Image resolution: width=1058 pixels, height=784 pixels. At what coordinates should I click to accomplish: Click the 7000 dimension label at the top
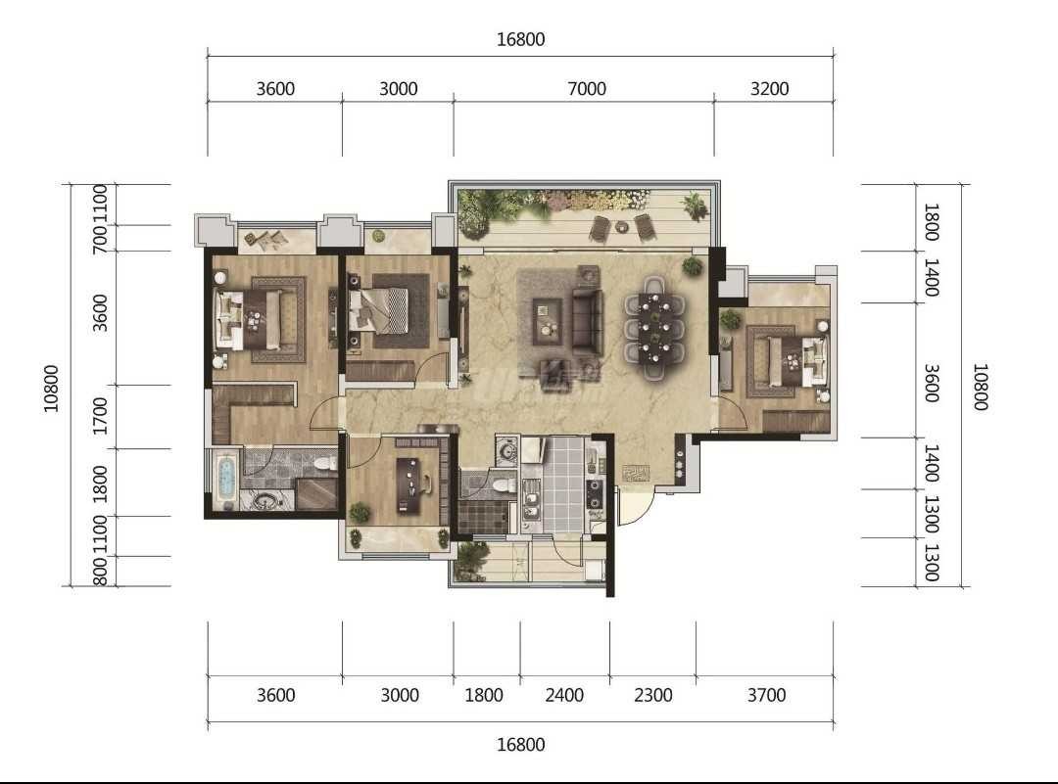click(x=587, y=88)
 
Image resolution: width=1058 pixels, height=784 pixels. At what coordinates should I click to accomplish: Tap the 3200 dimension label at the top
click(x=769, y=88)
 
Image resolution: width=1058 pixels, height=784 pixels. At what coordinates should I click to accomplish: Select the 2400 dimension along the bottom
click(x=564, y=694)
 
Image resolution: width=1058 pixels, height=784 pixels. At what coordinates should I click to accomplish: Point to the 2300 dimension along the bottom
click(x=653, y=694)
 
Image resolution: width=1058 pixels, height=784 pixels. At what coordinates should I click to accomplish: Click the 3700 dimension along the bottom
click(x=766, y=694)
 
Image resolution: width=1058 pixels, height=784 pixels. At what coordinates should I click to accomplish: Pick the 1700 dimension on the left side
click(x=100, y=416)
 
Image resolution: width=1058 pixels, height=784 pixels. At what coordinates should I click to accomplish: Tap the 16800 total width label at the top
click(x=520, y=39)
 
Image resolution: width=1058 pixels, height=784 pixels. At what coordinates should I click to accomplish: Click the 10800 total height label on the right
click(x=980, y=387)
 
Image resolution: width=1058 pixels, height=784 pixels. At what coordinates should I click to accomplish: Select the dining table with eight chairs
click(x=653, y=327)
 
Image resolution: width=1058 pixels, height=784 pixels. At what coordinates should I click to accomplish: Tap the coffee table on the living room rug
click(x=547, y=319)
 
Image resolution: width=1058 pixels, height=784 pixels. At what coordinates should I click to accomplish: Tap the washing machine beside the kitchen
click(x=505, y=449)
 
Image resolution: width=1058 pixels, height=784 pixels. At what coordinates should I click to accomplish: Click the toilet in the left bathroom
click(x=326, y=463)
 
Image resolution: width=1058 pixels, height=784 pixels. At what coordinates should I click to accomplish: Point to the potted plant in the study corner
click(x=359, y=512)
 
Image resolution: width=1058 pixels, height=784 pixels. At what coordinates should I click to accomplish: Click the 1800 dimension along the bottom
click(x=484, y=694)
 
